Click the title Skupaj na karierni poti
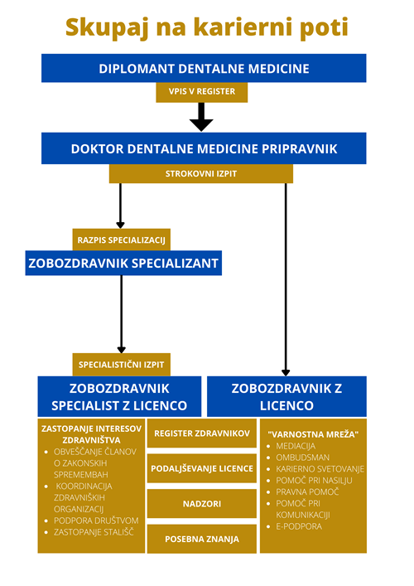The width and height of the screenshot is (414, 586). (206, 27)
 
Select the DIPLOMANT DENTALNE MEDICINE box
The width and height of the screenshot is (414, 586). (204, 68)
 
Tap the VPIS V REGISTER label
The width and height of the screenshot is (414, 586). (201, 92)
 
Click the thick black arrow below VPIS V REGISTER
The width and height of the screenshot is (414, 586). (201, 117)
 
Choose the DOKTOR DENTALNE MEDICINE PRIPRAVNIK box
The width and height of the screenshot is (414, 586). (204, 148)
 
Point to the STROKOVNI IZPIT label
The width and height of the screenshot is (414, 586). (201, 173)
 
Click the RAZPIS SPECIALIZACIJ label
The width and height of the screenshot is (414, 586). (122, 240)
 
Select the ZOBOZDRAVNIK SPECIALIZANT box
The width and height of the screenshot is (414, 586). (123, 264)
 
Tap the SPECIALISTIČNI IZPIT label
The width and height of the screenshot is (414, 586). (122, 364)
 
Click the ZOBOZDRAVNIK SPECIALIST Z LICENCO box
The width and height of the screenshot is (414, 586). (120, 396)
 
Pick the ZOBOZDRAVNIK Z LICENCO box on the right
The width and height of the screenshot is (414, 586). (286, 396)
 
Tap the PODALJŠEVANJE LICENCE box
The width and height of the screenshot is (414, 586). (202, 467)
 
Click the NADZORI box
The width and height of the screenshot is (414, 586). (202, 503)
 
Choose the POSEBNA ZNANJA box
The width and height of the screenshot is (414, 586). (202, 538)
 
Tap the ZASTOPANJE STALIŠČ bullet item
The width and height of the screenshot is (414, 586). (94, 531)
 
